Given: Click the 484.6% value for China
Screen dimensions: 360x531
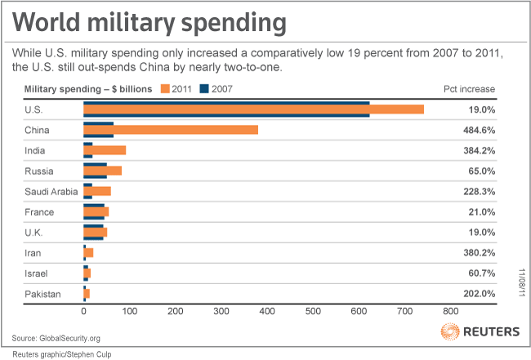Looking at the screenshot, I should tap(480, 130).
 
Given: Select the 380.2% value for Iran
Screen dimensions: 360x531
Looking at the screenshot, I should tap(480, 253).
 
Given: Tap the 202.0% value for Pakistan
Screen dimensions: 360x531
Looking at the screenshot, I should tap(480, 294).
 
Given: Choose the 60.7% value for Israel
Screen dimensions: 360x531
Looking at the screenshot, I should tap(482, 273).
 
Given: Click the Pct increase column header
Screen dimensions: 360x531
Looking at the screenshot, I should tap(475, 88).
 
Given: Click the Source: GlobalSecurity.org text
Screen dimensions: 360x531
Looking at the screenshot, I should tap(56, 337).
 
